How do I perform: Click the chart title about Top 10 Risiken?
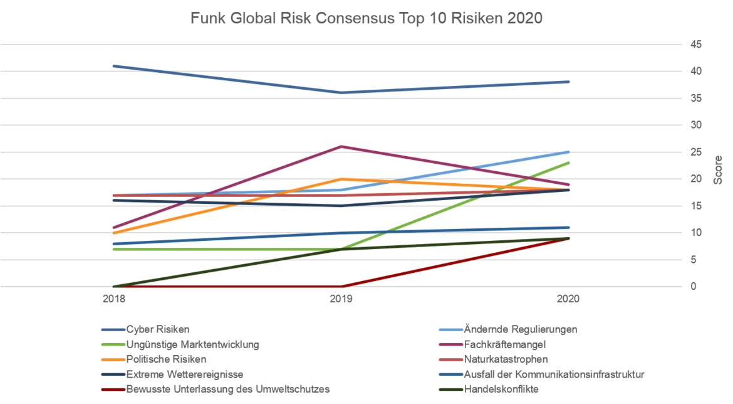click(366, 19)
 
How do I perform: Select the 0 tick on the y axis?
click(694, 287)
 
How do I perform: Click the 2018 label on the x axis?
click(113, 299)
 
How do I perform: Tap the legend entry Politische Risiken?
click(166, 359)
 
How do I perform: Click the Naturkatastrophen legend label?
click(506, 359)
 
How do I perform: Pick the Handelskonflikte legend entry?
click(502, 390)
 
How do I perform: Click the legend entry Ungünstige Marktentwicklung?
click(192, 344)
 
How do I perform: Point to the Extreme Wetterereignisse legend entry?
click(184, 375)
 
